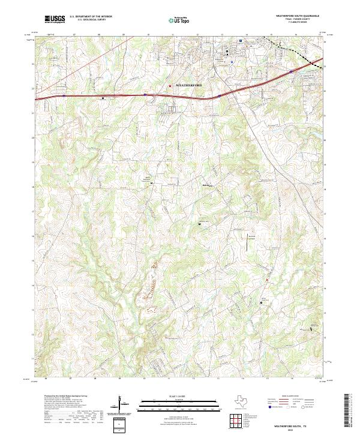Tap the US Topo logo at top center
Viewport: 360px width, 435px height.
pyautogui.click(x=176, y=20)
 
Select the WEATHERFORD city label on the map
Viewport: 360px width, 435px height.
pyautogui.click(x=192, y=85)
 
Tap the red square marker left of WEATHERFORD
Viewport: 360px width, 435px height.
pyautogui.click(x=170, y=85)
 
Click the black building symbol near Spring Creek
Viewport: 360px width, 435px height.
pyautogui.click(x=261, y=303)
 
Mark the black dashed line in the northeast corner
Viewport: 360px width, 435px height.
pyautogui.click(x=294, y=51)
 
